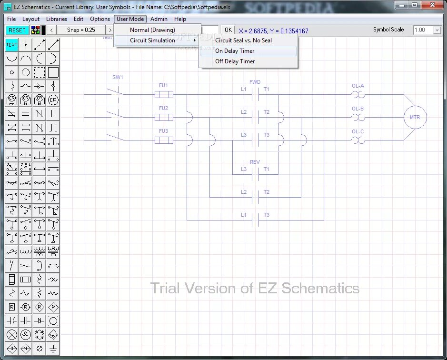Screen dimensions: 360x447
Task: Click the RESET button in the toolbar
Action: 17,30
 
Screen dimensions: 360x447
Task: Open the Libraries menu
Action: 57,19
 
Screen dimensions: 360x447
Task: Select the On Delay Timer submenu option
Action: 235,51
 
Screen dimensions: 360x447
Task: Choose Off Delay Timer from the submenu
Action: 235,61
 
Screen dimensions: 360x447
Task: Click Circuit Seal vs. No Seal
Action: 243,40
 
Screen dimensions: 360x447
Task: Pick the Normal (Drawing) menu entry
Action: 152,30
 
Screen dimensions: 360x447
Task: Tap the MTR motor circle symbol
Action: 415,117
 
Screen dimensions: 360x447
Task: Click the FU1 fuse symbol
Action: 164,95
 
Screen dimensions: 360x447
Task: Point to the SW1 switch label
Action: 118,77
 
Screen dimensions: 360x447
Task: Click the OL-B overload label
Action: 358,109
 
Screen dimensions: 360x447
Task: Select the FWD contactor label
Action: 255,82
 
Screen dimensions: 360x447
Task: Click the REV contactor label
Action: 255,162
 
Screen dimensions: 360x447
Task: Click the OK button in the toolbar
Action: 228,30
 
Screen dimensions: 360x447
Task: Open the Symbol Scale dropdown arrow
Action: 437,30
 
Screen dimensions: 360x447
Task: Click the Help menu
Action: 180,19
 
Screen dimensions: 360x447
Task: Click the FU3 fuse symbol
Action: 164,140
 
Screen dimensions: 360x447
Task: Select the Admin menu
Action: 159,19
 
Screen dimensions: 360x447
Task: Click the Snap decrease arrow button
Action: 51,30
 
